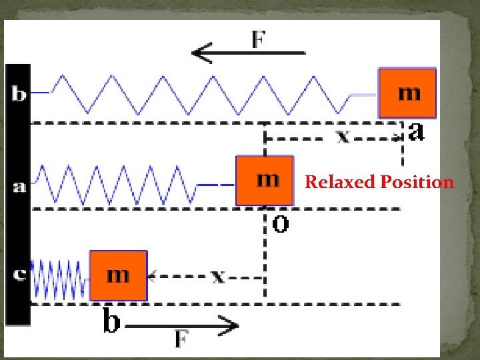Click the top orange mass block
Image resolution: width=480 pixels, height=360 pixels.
(407, 93)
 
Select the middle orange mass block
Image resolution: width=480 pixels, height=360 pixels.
(265, 180)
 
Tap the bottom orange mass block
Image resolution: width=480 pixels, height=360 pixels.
(118, 275)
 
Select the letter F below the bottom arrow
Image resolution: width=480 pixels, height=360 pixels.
(181, 340)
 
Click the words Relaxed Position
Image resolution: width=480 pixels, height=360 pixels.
(379, 182)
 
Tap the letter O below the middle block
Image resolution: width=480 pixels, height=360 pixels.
(281, 225)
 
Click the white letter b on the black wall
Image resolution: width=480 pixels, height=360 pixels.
(19, 94)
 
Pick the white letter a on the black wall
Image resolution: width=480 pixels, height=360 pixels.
(19, 187)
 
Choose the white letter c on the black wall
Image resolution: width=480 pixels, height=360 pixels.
(19, 274)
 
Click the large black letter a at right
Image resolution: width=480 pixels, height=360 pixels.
(416, 132)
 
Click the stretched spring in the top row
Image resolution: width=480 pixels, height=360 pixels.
(200, 94)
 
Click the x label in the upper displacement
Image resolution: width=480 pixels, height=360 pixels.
(342, 137)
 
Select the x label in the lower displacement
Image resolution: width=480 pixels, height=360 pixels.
(217, 275)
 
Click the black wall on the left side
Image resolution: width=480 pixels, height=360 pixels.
(18, 227)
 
